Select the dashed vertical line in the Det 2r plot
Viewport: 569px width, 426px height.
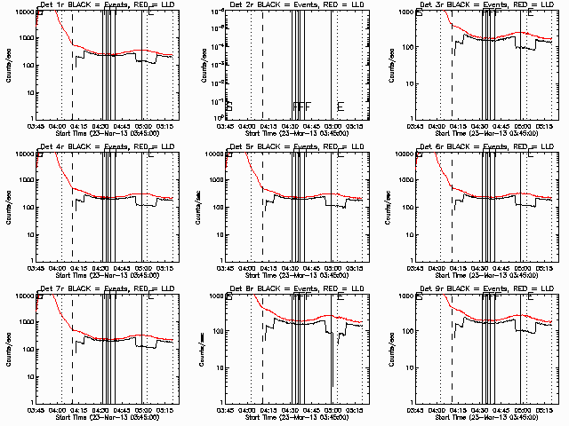[x=262, y=62]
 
